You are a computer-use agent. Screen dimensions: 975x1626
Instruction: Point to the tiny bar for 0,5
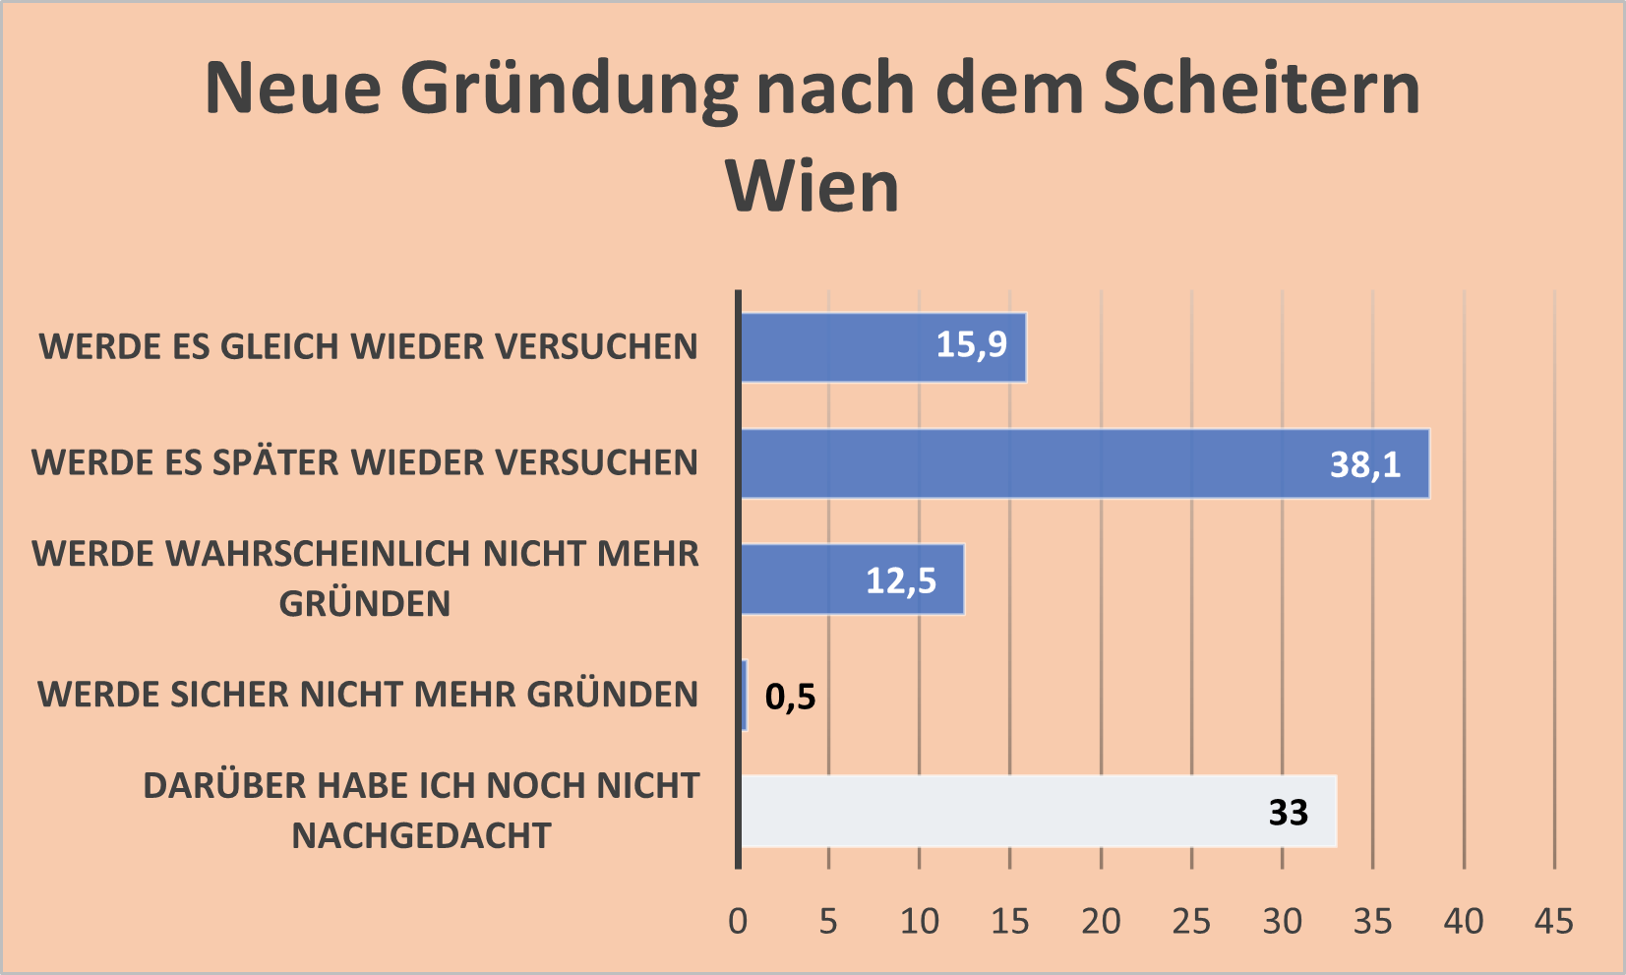(x=744, y=696)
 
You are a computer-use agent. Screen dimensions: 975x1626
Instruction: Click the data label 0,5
(x=790, y=698)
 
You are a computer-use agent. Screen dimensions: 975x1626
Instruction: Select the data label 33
(x=1288, y=813)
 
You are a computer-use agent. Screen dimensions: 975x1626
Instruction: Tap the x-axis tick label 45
(x=1553, y=922)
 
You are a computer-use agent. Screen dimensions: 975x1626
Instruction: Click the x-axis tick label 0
(x=738, y=922)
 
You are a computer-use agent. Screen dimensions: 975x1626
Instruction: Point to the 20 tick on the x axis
(x=1100, y=922)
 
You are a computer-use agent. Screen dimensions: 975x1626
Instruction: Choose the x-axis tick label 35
(x=1372, y=922)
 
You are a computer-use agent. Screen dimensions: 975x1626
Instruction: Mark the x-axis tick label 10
(x=919, y=922)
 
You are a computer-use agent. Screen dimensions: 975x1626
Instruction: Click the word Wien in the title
(x=813, y=186)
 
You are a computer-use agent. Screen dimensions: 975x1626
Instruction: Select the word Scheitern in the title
(x=1261, y=89)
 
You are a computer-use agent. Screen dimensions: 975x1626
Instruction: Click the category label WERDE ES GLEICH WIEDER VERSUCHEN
(x=368, y=347)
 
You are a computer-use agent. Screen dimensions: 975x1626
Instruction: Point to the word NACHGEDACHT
(x=421, y=836)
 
